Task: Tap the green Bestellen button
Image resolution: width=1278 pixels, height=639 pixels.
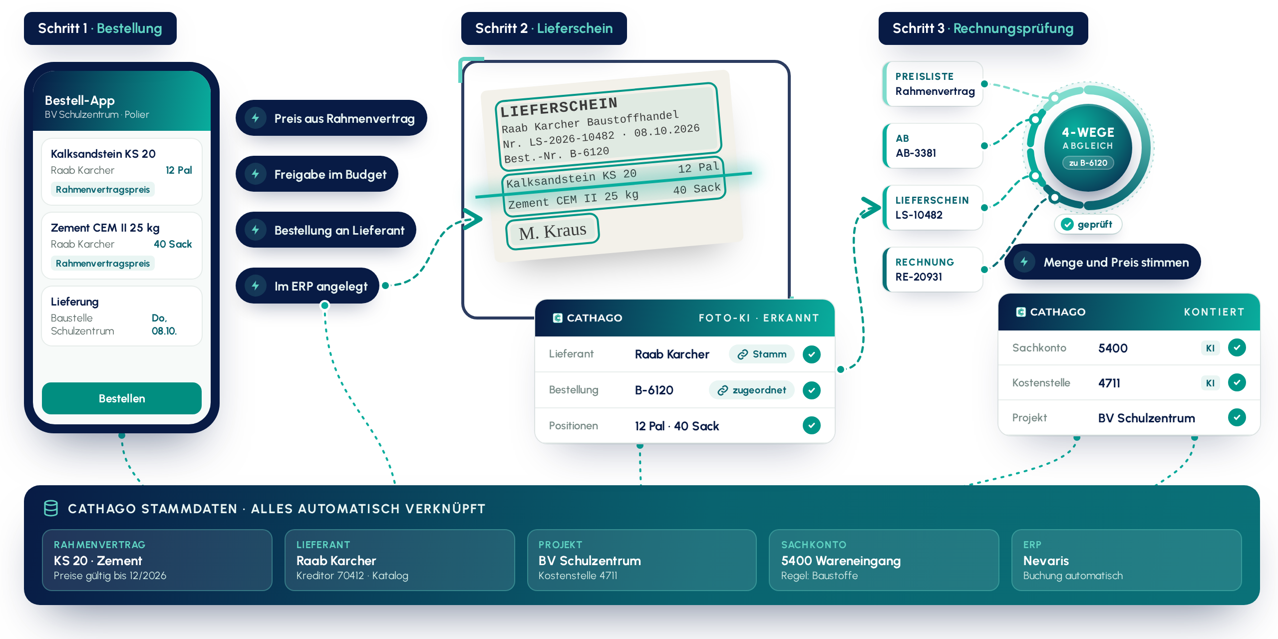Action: [x=122, y=398]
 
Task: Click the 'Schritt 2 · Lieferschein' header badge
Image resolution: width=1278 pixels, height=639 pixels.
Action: [x=544, y=28]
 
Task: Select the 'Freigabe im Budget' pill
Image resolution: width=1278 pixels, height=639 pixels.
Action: [x=317, y=174]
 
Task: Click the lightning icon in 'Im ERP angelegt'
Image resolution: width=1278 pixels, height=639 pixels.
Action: [x=256, y=286]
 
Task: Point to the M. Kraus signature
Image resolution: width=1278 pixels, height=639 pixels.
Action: [x=553, y=231]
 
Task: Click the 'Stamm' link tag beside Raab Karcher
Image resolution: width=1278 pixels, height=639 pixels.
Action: [x=762, y=354]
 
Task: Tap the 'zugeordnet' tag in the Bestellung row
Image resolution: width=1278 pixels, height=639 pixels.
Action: [x=752, y=390]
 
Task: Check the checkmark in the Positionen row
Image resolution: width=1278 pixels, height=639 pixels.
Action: [x=812, y=425]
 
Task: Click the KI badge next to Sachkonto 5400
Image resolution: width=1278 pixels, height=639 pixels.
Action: [x=1210, y=348]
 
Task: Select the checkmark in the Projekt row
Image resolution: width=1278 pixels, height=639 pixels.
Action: [x=1237, y=417]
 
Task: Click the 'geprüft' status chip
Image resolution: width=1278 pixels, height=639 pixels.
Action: [x=1088, y=224]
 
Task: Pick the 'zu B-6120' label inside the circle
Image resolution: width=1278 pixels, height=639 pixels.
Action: [x=1088, y=163]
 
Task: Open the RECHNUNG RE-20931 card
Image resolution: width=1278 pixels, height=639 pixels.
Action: [x=933, y=270]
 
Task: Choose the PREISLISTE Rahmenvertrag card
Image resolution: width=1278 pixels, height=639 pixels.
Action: [x=933, y=84]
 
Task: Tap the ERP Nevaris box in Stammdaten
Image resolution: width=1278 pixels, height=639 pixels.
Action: [x=1126, y=560]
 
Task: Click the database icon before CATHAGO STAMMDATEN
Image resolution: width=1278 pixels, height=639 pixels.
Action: [x=51, y=508]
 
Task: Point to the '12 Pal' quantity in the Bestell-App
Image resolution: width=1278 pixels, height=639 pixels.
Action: [x=179, y=170]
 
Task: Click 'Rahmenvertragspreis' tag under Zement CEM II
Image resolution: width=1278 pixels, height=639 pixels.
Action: [x=103, y=263]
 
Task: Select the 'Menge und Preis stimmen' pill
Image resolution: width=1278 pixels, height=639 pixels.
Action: [x=1103, y=262]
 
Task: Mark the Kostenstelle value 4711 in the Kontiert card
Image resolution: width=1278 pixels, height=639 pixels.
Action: [x=1109, y=383]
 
